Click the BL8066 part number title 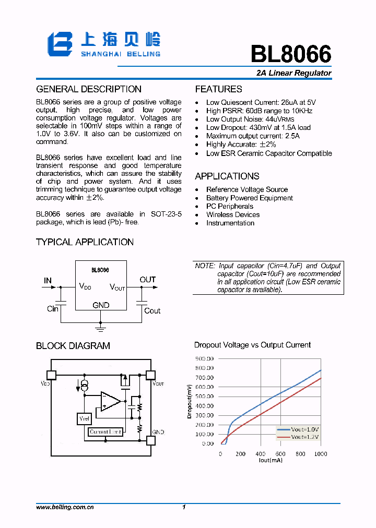(x=291, y=54)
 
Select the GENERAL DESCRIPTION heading (x=89, y=89)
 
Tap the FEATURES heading (x=218, y=89)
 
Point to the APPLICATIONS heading (x=227, y=176)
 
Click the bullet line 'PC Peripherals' (x=229, y=206)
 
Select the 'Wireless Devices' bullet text (x=232, y=214)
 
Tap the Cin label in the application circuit (x=53, y=309)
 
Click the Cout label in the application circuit (x=152, y=310)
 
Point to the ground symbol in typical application (x=101, y=328)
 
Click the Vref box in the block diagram (x=84, y=419)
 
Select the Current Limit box (x=105, y=432)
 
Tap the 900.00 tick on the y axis (x=204, y=358)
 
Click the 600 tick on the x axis (x=280, y=454)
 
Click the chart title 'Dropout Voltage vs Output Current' (x=252, y=345)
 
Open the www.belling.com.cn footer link (x=65, y=507)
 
